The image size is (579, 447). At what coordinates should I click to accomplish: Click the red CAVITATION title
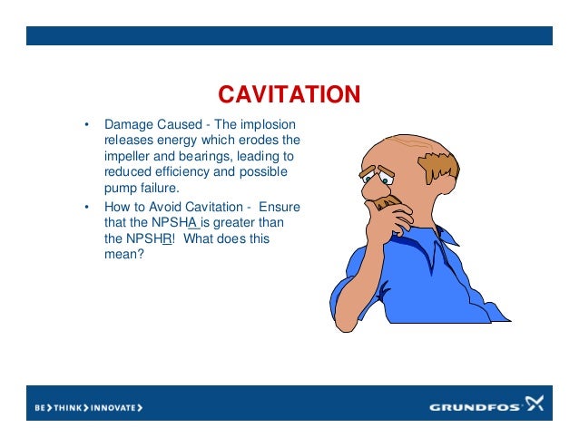[289, 94]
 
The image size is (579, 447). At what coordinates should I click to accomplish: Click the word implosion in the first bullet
[270, 124]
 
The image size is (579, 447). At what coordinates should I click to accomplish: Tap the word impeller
[127, 156]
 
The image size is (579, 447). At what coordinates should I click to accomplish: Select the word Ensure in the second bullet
[280, 208]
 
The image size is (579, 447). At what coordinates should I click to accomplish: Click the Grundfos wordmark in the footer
[476, 407]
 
